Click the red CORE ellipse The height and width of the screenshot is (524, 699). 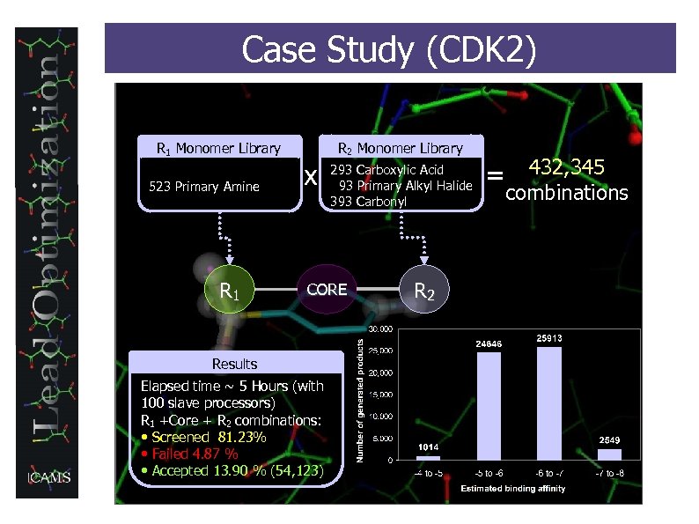[x=326, y=289]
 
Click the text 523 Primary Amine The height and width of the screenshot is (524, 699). [x=204, y=186]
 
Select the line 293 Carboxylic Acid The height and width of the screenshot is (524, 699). [x=386, y=169]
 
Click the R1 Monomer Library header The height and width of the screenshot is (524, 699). [x=218, y=148]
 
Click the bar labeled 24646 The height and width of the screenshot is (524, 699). [x=489, y=405]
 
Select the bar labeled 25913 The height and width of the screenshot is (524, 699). [x=549, y=402]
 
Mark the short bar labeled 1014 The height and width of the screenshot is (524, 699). [x=428, y=457]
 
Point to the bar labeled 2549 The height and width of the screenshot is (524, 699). [x=609, y=454]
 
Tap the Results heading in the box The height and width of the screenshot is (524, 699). [x=234, y=364]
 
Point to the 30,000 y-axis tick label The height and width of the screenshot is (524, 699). [x=380, y=330]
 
